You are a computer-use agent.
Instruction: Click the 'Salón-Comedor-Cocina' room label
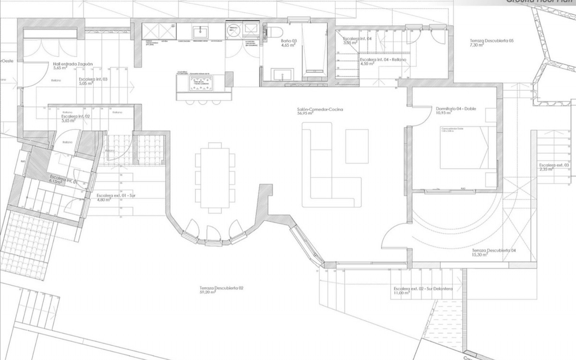pos(320,109)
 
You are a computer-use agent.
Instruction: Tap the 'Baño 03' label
pos(289,41)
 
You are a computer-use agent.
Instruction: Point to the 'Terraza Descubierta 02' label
pos(221,288)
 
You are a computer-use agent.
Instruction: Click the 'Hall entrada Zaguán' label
pos(73,64)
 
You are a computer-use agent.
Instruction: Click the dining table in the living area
pos(215,178)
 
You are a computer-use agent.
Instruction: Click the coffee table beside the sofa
pos(357,146)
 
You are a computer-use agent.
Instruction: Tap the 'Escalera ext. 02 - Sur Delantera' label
pos(423,289)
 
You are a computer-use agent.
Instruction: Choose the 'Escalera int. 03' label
pos(93,79)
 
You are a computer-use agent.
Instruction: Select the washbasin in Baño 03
pos(282,74)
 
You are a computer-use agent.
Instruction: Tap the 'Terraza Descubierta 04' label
pos(494,250)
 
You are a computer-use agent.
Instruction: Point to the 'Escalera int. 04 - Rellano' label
pos(383,59)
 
